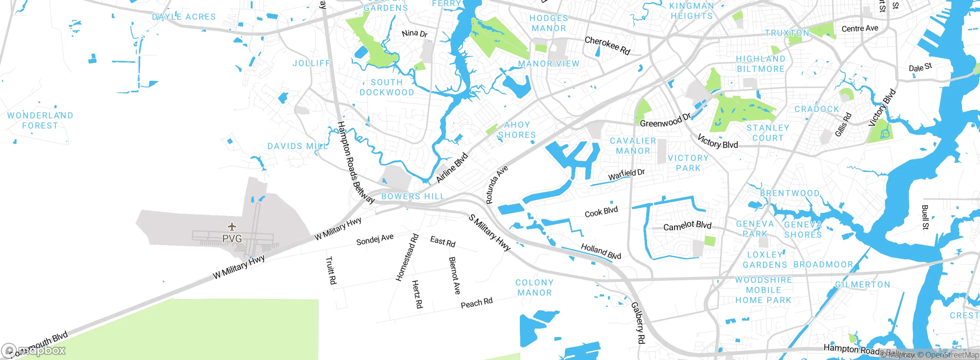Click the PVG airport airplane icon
[232, 227]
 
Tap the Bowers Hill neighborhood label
[413, 196]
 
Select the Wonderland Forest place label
[40, 121]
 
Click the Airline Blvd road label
[452, 168]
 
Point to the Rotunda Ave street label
[496, 185]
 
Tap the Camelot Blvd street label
[687, 226]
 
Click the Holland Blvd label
[601, 251]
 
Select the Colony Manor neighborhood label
[534, 288]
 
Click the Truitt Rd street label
[330, 270]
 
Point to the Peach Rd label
[476, 303]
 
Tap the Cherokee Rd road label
[607, 46]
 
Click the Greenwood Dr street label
[665, 121]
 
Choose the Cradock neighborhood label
[817, 109]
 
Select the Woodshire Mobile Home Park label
[763, 290]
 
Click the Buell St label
[925, 217]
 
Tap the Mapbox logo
[34, 350]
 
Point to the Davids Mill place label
[297, 146]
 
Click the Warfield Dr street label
[626, 174]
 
